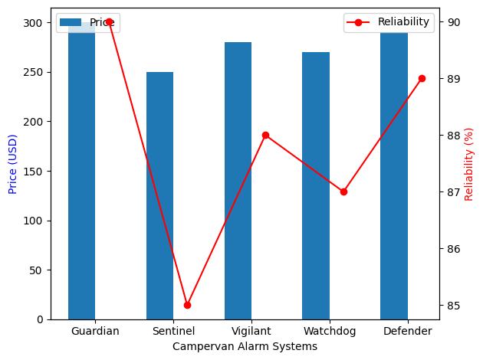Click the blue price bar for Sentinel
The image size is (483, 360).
pyautogui.click(x=159, y=195)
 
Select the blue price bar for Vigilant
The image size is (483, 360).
pyautogui.click(x=238, y=181)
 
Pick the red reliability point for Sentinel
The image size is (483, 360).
pyautogui.click(x=187, y=305)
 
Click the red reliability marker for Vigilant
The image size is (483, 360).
pyautogui.click(x=265, y=135)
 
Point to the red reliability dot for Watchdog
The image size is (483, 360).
pyautogui.click(x=343, y=191)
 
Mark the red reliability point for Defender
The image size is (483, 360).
pyautogui.click(x=422, y=78)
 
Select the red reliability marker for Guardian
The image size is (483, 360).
pyautogui.click(x=109, y=21)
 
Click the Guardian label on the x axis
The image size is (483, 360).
pyautogui.click(x=95, y=332)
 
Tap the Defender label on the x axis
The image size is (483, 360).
pyautogui.click(x=406, y=332)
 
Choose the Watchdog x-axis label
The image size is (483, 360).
pyautogui.click(x=328, y=332)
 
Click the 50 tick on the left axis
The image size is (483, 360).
pyautogui.click(x=38, y=270)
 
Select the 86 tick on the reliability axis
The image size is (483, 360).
pyautogui.click(x=451, y=249)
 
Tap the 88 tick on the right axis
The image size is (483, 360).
pyautogui.click(x=451, y=136)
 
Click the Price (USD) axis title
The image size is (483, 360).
pyautogui.click(x=12, y=162)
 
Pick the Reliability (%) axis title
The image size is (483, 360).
pyautogui.click(x=469, y=162)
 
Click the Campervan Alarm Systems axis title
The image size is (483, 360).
pyautogui.click(x=245, y=347)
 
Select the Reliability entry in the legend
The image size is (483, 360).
pyautogui.click(x=388, y=22)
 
